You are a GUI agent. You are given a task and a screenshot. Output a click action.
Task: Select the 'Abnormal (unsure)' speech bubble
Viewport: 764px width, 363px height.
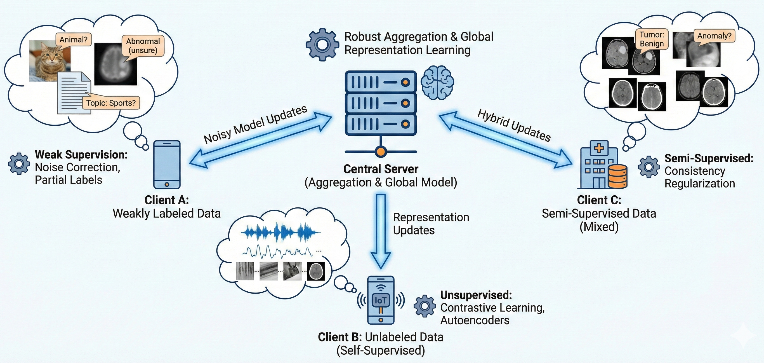point(143,46)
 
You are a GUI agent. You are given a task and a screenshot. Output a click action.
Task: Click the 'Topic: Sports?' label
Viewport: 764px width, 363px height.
point(111,103)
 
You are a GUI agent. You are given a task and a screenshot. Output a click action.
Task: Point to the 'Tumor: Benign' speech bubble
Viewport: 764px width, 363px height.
point(651,39)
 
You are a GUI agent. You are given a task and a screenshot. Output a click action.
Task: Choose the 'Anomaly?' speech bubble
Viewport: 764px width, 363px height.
point(714,36)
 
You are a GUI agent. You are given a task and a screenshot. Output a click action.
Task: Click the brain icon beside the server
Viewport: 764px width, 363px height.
point(437,82)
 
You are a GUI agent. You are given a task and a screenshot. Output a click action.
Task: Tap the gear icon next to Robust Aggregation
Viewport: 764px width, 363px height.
point(322,45)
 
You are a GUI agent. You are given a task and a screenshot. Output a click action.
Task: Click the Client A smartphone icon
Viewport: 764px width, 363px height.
point(167,165)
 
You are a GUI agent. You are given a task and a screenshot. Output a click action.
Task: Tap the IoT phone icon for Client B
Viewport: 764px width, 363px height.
point(381,300)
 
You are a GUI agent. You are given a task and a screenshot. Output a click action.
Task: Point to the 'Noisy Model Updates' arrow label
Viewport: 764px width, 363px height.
point(255,124)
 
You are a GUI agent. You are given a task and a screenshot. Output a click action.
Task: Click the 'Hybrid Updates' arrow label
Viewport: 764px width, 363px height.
point(514,125)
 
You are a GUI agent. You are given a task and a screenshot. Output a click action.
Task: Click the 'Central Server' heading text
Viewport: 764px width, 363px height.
point(381,169)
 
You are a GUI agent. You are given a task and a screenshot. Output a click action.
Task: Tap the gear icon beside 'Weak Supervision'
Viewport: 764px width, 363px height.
point(19,163)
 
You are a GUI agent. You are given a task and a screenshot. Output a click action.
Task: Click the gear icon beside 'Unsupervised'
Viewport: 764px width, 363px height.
point(425,306)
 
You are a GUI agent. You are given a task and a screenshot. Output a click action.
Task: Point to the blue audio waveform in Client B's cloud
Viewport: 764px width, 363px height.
point(280,232)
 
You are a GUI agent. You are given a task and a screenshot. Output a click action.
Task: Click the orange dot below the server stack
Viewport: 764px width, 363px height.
point(381,152)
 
